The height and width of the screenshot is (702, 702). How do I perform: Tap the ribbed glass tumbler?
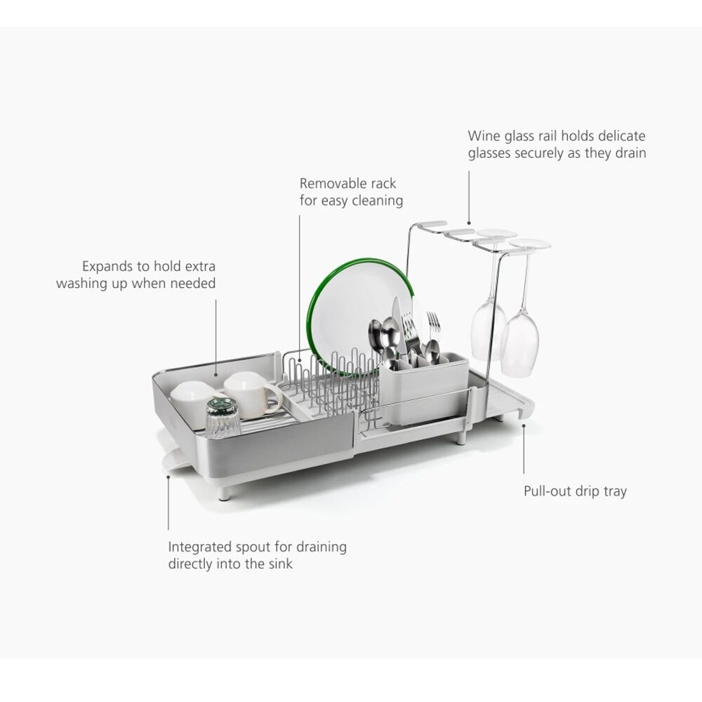click(223, 418)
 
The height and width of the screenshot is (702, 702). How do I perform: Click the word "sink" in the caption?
click(281, 564)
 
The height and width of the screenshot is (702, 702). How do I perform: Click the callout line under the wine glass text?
click(469, 197)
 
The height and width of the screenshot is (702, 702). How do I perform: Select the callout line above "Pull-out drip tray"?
click(524, 449)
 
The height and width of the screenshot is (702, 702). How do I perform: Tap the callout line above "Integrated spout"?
click(168, 503)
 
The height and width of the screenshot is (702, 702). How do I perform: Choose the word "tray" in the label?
click(615, 491)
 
